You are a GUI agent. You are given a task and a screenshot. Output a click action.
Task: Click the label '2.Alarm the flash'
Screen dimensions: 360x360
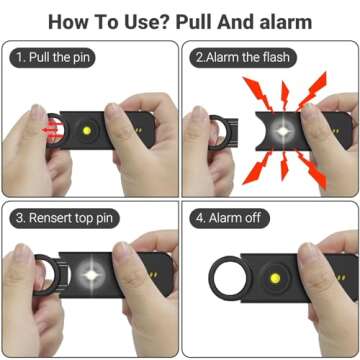(x=240, y=58)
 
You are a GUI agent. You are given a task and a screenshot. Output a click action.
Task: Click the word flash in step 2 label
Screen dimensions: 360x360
(x=272, y=58)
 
